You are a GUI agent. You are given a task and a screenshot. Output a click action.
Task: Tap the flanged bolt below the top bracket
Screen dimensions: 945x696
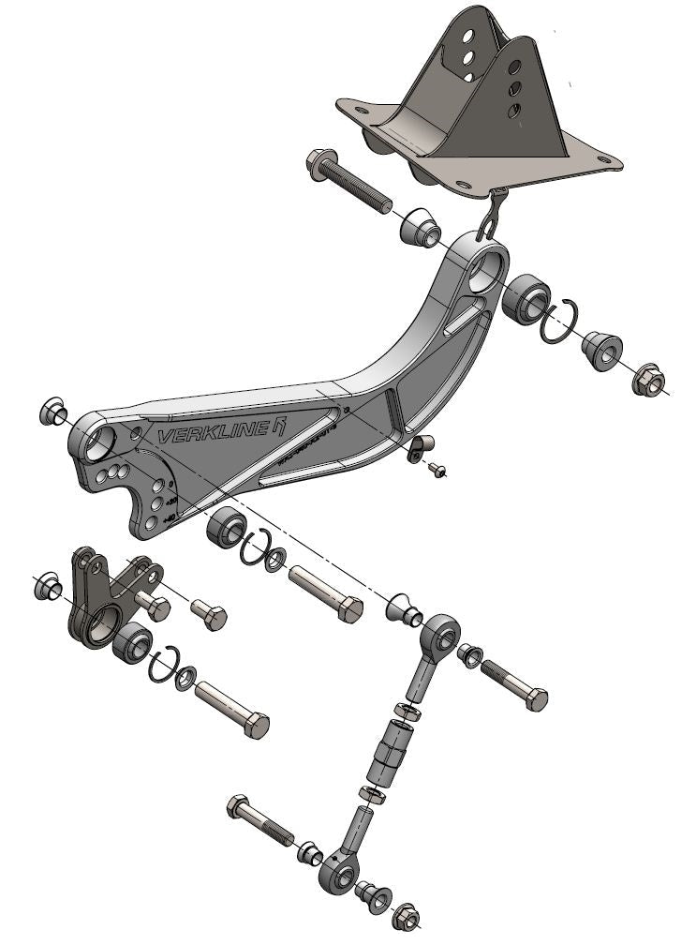coord(347,186)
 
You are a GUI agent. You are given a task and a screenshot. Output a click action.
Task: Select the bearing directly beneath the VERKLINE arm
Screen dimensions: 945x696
coord(226,529)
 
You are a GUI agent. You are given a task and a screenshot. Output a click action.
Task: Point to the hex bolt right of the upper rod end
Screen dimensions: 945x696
coord(515,683)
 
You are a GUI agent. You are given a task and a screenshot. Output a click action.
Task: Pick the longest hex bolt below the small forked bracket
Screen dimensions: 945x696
coord(231,709)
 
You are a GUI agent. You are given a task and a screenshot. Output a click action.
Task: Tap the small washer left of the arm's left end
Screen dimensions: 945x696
coord(52,411)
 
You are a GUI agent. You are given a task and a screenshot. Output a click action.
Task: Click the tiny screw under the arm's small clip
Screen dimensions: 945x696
coord(437,470)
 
